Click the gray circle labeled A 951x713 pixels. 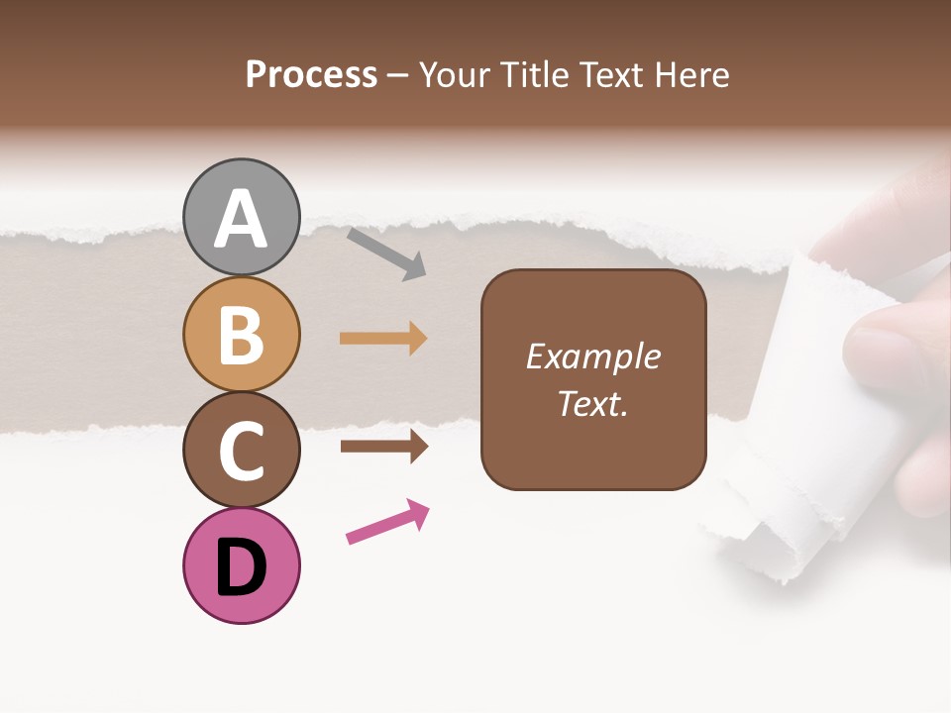pyautogui.click(x=242, y=217)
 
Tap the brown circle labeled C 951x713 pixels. pyautogui.click(x=242, y=450)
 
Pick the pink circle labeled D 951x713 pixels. pyautogui.click(x=242, y=565)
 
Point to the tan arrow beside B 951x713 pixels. pyautogui.click(x=383, y=339)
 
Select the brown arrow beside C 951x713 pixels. pyautogui.click(x=383, y=446)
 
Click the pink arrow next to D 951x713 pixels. pyautogui.click(x=387, y=522)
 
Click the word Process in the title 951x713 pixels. pyautogui.click(x=311, y=75)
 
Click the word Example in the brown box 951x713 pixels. pyautogui.click(x=593, y=356)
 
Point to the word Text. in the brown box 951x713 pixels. pyautogui.click(x=593, y=403)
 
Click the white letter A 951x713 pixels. pyautogui.click(x=242, y=219)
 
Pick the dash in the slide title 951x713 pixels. pyautogui.click(x=398, y=76)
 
